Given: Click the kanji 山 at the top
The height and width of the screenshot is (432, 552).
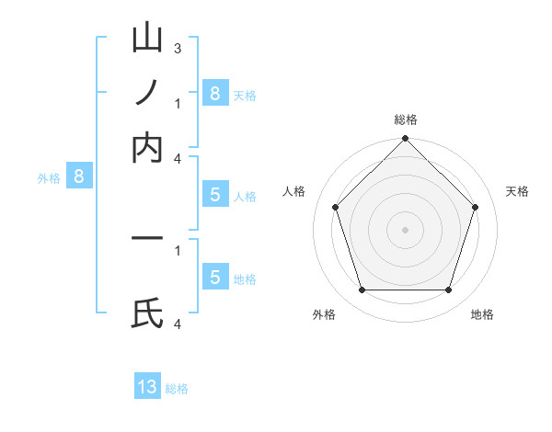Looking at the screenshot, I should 148,40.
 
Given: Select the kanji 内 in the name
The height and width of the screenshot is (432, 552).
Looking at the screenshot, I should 148,148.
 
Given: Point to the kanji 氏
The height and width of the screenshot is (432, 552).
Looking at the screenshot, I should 148,313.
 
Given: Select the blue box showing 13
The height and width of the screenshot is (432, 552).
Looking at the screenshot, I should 147,387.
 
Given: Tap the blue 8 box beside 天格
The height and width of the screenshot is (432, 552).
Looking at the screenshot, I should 214,93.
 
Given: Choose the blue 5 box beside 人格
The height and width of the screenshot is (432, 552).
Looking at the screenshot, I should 214,194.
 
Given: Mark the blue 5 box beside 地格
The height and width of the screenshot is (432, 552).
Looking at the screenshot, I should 214,277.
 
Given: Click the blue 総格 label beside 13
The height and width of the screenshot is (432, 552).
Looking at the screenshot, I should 177,389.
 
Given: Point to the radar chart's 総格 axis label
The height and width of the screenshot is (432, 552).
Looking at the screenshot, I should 405,119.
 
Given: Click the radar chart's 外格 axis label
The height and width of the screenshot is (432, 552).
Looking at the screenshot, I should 324,314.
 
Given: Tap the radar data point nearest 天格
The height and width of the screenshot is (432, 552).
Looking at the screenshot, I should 476,207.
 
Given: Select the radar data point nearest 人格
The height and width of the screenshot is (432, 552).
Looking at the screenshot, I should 335,207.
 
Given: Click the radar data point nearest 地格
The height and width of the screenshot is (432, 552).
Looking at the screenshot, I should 449,290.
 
